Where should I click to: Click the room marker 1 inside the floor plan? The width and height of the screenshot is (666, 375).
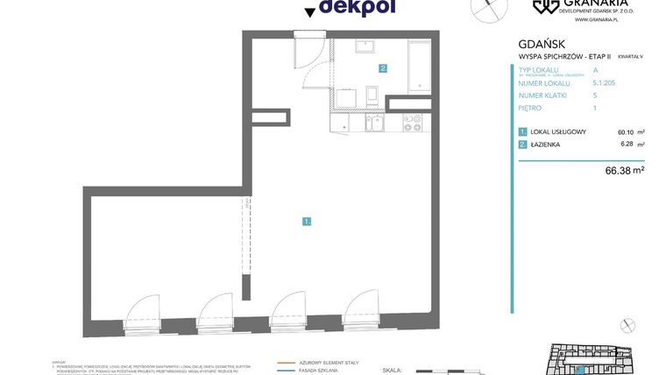(307, 222)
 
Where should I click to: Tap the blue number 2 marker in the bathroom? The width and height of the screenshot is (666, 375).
(383, 67)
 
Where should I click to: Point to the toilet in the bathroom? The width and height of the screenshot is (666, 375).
(372, 95)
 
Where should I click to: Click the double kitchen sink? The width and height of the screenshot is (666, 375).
(374, 124)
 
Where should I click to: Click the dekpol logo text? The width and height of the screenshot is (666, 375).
(357, 8)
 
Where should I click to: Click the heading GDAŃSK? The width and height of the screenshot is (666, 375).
(542, 43)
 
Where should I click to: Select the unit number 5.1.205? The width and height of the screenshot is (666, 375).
(605, 82)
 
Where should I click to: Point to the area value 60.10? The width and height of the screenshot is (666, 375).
(626, 131)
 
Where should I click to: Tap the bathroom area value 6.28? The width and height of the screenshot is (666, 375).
(627, 144)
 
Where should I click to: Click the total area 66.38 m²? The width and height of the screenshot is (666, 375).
(624, 171)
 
